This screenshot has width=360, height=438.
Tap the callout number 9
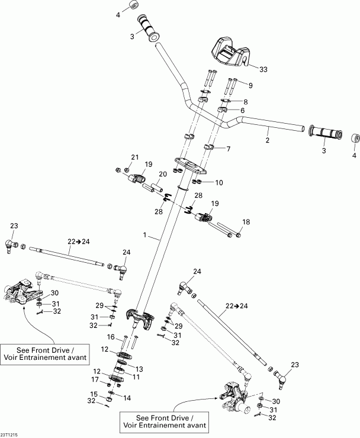[250, 86]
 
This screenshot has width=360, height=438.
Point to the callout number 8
[245, 102]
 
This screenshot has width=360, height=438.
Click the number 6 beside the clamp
[242, 111]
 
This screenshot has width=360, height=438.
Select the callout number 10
[218, 182]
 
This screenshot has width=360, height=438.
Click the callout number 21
[134, 157]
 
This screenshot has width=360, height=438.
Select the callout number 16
[110, 337]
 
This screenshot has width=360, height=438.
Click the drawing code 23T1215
[9, 434]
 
